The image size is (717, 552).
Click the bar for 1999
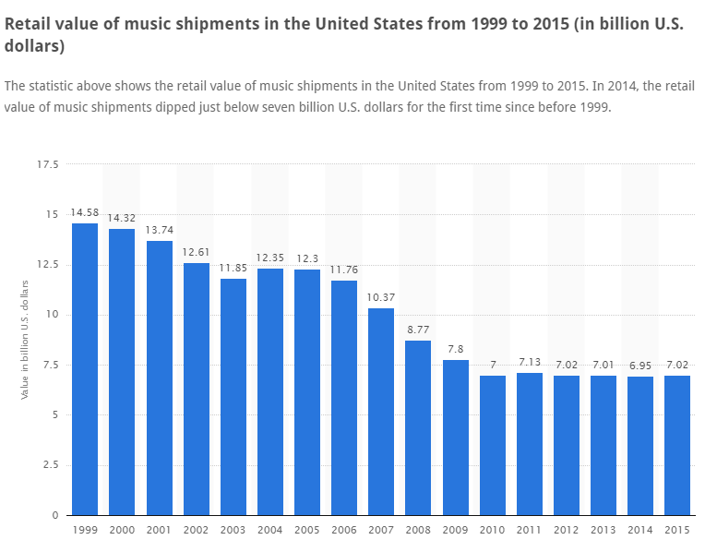(85, 369)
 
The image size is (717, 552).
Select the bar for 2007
(381, 412)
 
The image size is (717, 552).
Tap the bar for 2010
(493, 445)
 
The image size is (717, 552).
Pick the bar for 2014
(640, 446)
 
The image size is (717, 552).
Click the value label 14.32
(122, 219)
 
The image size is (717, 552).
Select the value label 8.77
(418, 330)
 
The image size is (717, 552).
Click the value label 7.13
(530, 363)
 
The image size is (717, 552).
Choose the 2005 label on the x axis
(307, 529)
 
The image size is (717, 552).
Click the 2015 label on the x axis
(677, 529)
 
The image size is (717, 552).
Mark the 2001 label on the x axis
(159, 529)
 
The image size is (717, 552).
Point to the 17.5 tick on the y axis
(47, 165)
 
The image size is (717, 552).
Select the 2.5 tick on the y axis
(50, 465)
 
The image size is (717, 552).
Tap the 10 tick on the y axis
(53, 315)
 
